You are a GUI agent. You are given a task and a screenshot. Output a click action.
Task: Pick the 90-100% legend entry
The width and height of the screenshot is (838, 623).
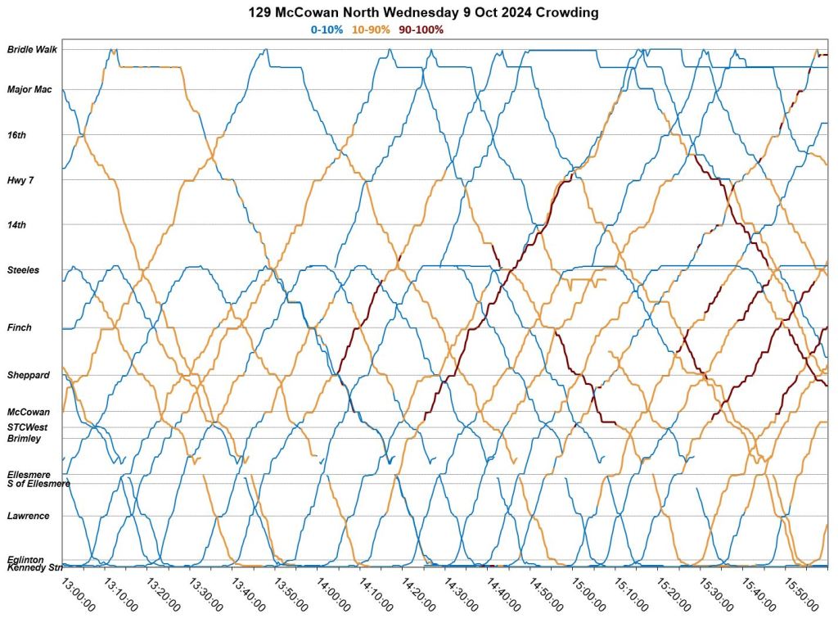[x=421, y=30]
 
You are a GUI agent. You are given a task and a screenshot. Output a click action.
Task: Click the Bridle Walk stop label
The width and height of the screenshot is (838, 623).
[x=32, y=50]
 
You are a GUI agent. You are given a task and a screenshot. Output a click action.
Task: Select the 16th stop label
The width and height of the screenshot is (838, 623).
[x=17, y=134]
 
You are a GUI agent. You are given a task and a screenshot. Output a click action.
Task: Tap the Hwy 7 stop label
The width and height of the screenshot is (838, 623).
[x=20, y=179]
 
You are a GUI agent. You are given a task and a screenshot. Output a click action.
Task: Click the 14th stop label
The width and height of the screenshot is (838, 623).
[x=17, y=224]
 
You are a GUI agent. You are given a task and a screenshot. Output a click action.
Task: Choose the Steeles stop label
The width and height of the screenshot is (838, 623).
[x=23, y=269]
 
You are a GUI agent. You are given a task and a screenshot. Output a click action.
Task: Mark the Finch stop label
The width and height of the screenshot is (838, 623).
[x=20, y=327]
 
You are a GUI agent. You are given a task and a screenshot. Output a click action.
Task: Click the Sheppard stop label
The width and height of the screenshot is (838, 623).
[x=29, y=375]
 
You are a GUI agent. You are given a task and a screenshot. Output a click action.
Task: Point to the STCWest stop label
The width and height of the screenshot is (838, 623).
[x=29, y=427]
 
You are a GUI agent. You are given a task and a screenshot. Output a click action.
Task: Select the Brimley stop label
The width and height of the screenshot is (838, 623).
[x=25, y=438]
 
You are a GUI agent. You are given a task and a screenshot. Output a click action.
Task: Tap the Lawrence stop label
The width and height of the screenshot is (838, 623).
[x=29, y=516]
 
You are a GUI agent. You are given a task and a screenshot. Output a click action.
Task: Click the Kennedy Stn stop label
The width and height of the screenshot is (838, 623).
[x=35, y=567]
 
